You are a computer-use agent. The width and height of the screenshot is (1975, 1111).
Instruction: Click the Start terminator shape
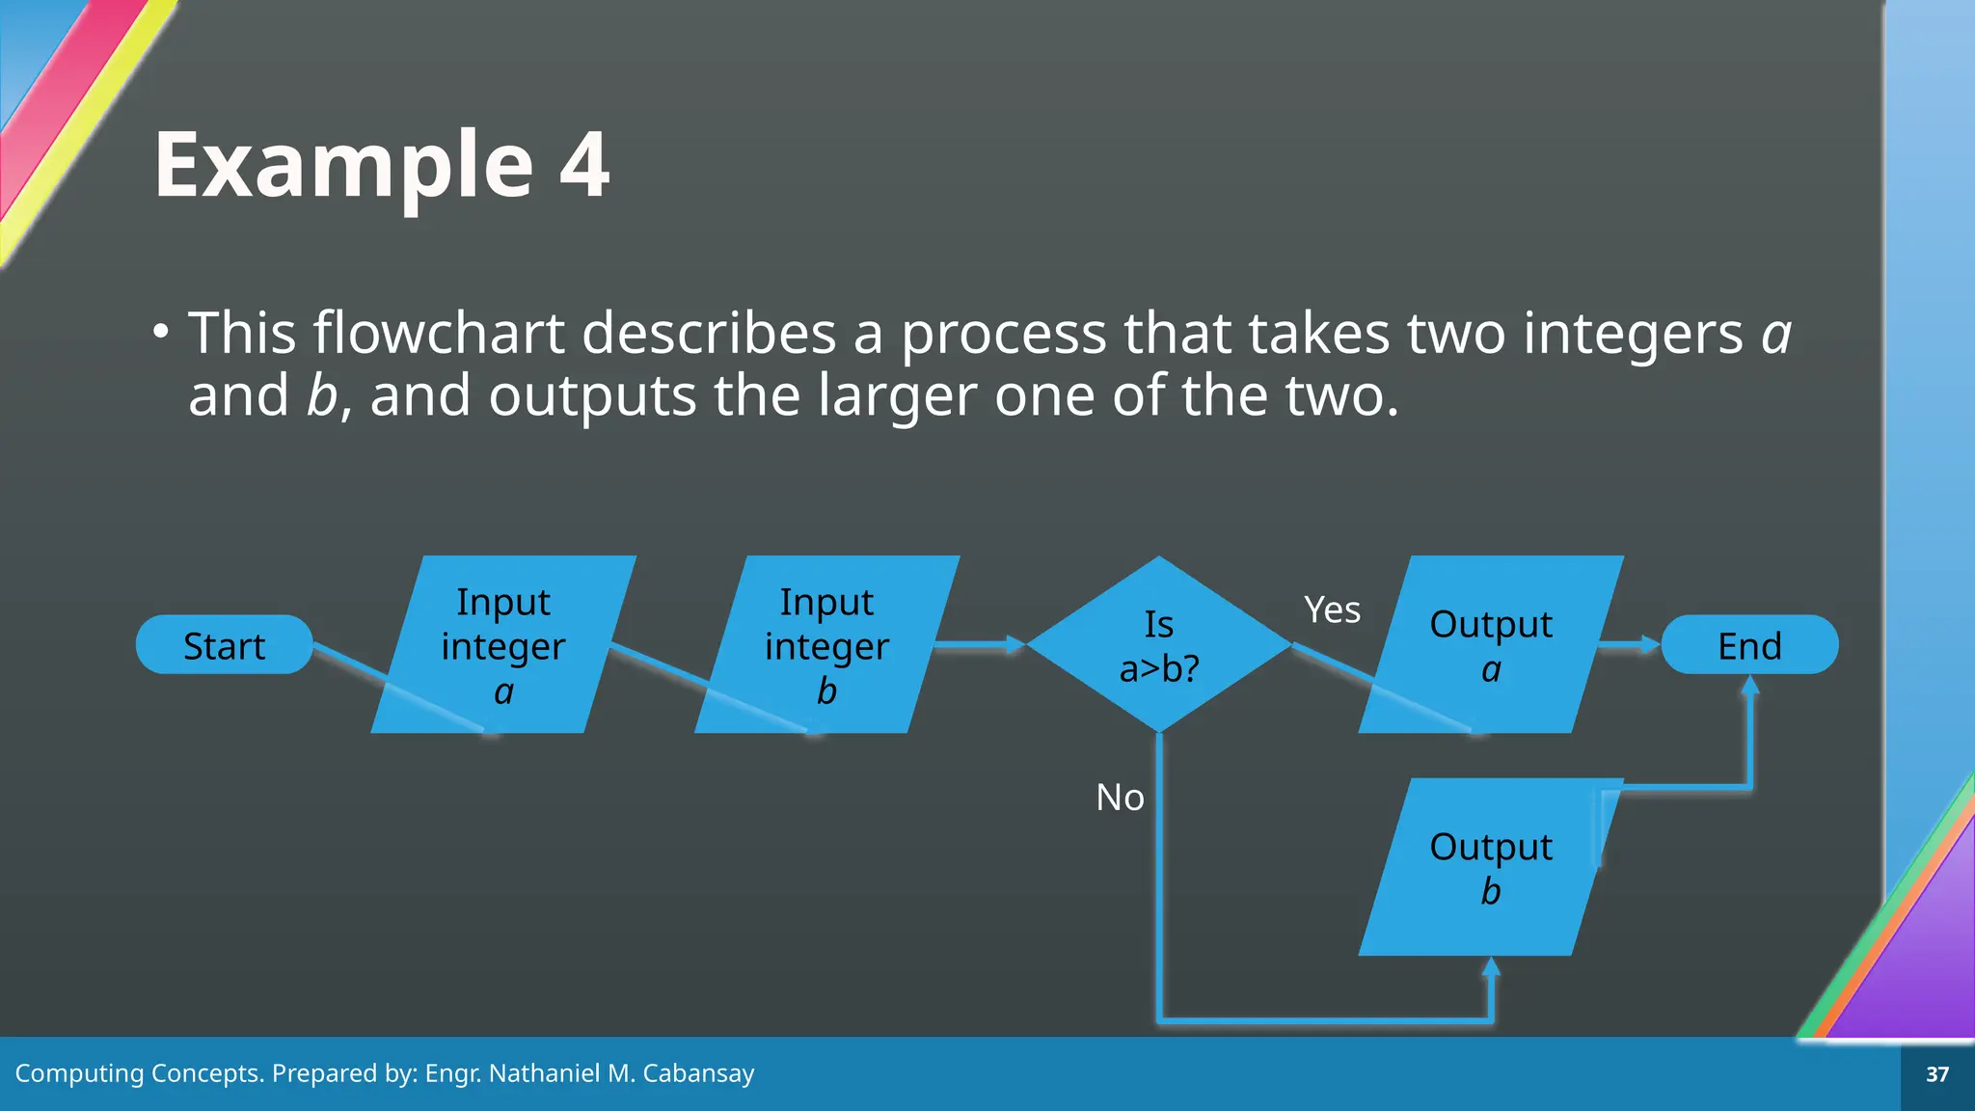pyautogui.click(x=224, y=645)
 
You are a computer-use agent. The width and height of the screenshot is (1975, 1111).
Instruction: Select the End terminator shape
pyautogui.click(x=1749, y=645)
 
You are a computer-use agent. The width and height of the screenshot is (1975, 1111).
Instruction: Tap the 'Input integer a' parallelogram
pyautogui.click(x=503, y=644)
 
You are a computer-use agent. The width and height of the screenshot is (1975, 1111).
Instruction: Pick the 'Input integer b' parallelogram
pyautogui.click(x=826, y=644)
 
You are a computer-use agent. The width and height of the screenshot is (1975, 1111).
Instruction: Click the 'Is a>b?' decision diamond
pyautogui.click(x=1159, y=644)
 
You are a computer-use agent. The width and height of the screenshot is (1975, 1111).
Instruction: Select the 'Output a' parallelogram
pyautogui.click(x=1491, y=644)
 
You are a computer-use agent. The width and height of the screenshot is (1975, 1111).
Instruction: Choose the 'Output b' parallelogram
pyautogui.click(x=1491, y=867)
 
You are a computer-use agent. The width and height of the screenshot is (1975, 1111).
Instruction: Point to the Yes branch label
pyautogui.click(x=1332, y=610)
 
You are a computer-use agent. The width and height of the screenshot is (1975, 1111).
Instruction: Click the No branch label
pyautogui.click(x=1120, y=798)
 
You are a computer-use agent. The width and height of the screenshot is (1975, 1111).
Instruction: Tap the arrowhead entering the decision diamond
pyautogui.click(x=1015, y=644)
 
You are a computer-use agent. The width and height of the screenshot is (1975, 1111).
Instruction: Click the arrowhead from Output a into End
pyautogui.click(x=1650, y=644)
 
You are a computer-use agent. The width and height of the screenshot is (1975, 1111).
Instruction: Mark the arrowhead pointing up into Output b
pyautogui.click(x=1491, y=967)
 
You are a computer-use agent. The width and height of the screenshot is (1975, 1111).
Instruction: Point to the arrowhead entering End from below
pyautogui.click(x=1750, y=686)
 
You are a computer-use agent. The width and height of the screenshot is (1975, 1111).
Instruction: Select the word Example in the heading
pyautogui.click(x=343, y=165)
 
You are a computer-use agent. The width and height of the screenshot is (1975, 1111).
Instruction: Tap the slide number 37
pyautogui.click(x=1937, y=1074)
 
